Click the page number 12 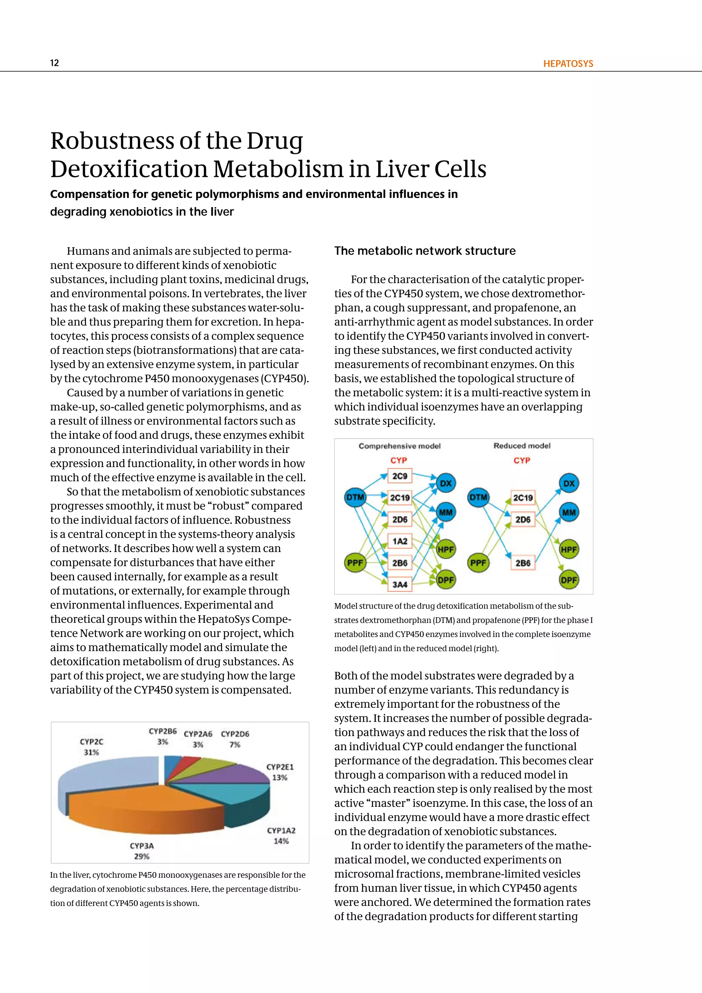[x=55, y=63]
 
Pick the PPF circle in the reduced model [x=478, y=563]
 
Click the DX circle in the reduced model [x=569, y=483]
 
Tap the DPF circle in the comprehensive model [x=445, y=580]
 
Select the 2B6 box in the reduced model [x=523, y=563]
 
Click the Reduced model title [x=522, y=445]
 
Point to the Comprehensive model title [x=399, y=446]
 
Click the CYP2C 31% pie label [x=92, y=747]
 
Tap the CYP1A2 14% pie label [x=281, y=836]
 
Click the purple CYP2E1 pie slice [x=242, y=774]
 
